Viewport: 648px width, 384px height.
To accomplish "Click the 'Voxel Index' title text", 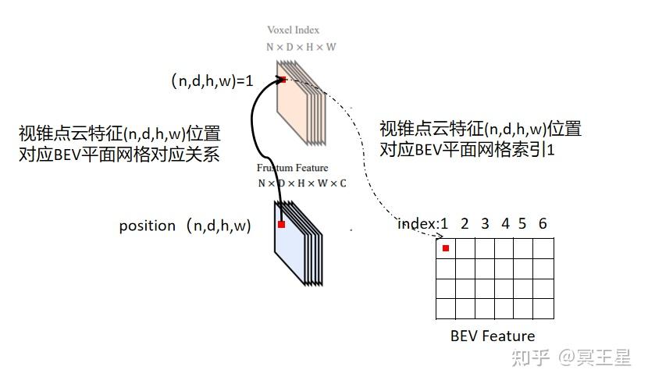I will (293, 30).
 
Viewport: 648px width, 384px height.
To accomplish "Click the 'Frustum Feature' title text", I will (292, 168).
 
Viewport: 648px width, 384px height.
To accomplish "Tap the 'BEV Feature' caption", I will (493, 336).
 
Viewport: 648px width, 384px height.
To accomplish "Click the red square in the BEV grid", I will (446, 248).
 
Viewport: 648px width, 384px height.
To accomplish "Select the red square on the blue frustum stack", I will (282, 225).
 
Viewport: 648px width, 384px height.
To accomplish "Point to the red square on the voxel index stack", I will (283, 80).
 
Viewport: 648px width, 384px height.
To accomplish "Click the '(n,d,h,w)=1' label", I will (212, 80).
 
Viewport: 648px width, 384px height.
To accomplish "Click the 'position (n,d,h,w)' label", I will (185, 226).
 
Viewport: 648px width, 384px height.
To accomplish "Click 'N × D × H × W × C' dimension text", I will (301, 183).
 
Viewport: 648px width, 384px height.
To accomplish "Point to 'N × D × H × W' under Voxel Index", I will (301, 46).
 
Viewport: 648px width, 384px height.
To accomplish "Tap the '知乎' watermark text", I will (528, 358).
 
